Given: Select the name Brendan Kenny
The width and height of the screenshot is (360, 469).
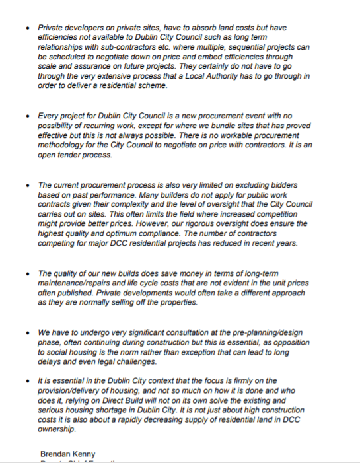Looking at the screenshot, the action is coord(67,454).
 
